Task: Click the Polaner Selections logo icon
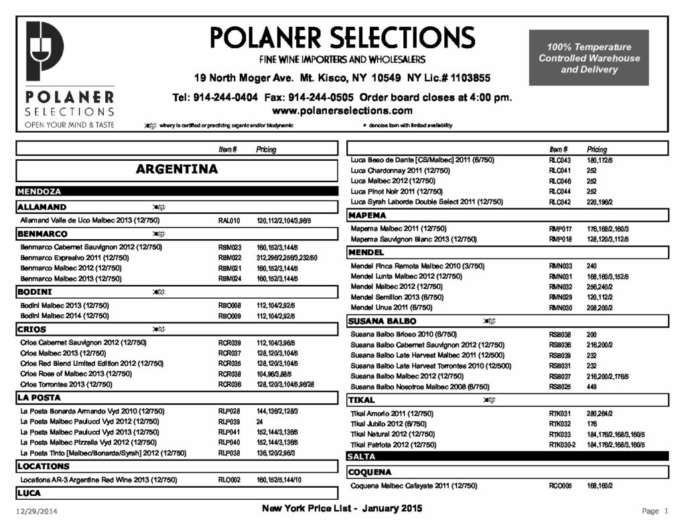click(44, 52)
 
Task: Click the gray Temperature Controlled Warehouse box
click(589, 58)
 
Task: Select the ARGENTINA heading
click(177, 169)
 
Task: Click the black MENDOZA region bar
click(177, 192)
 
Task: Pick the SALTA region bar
click(507, 456)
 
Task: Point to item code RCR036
click(229, 385)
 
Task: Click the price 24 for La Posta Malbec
click(259, 422)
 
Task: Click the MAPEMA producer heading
click(367, 216)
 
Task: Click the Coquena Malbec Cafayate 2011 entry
click(414, 486)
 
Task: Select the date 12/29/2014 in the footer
click(37, 512)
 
